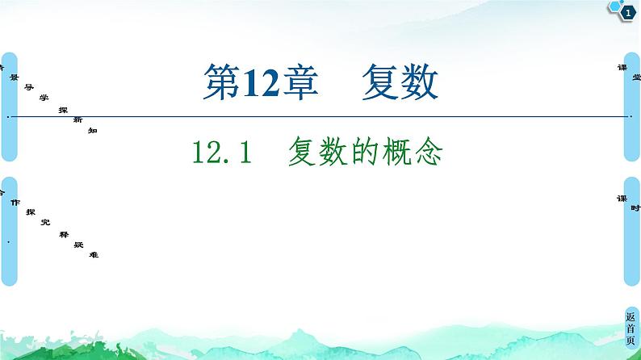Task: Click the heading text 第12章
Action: tap(258, 83)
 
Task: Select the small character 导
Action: tap(28, 89)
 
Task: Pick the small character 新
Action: tap(77, 119)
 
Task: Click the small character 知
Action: tap(92, 129)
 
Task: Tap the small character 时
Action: tap(636, 207)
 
